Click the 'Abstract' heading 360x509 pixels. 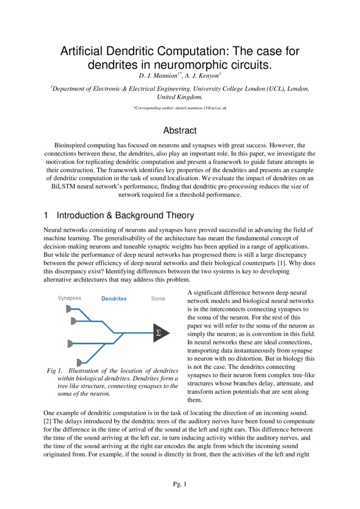coord(180,130)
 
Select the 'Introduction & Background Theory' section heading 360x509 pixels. coord(125,216)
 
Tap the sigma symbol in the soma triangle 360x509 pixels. coord(158,333)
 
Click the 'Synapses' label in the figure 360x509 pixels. coord(69,298)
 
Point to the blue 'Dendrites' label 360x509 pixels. coord(114,299)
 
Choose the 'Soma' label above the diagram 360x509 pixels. coord(158,299)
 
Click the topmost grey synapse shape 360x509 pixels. coord(69,309)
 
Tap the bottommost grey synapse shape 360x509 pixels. coord(80,362)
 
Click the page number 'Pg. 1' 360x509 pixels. coord(180,484)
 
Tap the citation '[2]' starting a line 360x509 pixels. coord(48,422)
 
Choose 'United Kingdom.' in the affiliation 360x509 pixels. coord(179,97)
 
